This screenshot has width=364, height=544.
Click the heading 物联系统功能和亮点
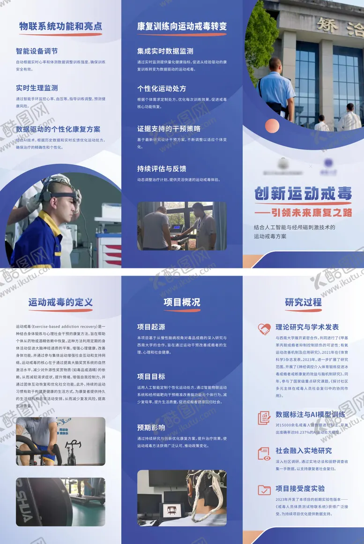click(x=60, y=26)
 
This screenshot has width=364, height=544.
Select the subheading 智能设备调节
click(x=38, y=51)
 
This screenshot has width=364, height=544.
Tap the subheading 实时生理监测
click(x=37, y=88)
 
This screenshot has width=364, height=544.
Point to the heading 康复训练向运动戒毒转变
click(x=182, y=26)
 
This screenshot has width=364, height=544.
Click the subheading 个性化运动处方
click(x=162, y=89)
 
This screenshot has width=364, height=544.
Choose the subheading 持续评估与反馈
click(x=162, y=169)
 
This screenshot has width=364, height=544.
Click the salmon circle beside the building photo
click(x=272, y=126)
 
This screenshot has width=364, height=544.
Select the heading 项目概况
click(x=182, y=302)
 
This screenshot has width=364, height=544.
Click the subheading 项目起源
click(x=151, y=327)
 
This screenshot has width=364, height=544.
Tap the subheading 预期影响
click(x=151, y=427)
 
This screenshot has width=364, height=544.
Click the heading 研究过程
click(x=303, y=302)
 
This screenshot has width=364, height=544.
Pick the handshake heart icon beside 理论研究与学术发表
click(x=265, y=329)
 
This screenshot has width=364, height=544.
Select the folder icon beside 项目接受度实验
click(x=265, y=491)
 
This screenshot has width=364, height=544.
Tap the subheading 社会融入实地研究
click(x=304, y=451)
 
